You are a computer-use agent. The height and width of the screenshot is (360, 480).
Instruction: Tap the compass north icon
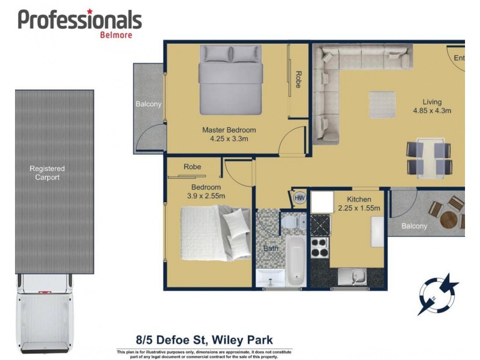(x=438, y=294)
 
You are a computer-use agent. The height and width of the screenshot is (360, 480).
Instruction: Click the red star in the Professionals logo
(x=89, y=11)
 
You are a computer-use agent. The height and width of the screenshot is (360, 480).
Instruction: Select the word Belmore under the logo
(x=116, y=34)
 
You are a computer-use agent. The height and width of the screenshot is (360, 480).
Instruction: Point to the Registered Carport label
(x=47, y=173)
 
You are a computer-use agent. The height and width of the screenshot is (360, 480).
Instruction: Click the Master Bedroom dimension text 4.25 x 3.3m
(x=229, y=139)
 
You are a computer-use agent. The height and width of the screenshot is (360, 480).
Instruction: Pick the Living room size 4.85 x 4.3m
(x=431, y=110)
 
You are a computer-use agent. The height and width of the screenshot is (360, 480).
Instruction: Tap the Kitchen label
(x=359, y=199)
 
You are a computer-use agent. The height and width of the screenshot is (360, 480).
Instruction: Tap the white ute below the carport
(x=46, y=313)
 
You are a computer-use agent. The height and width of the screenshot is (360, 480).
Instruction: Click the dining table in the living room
(x=430, y=157)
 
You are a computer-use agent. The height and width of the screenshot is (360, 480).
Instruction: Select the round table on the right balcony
(x=448, y=219)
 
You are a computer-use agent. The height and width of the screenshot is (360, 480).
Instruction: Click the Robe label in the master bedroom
(x=298, y=80)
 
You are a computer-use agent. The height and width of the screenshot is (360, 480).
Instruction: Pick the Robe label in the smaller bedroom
(x=192, y=167)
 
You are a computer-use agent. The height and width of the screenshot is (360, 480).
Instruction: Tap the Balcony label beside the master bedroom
(x=149, y=104)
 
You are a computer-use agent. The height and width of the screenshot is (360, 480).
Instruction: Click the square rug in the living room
(x=382, y=103)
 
